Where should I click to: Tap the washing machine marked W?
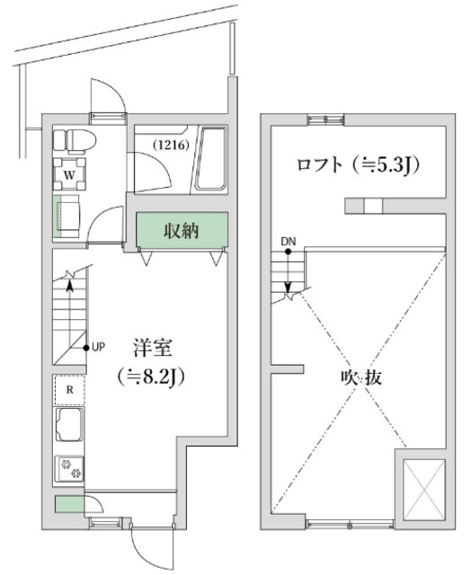69,173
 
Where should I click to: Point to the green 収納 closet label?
182,230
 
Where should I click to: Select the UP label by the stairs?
100,347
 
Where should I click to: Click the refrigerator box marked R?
69,388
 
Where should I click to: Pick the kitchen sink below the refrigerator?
69,427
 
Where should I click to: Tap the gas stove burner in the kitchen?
69,468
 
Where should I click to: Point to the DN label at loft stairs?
288,241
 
